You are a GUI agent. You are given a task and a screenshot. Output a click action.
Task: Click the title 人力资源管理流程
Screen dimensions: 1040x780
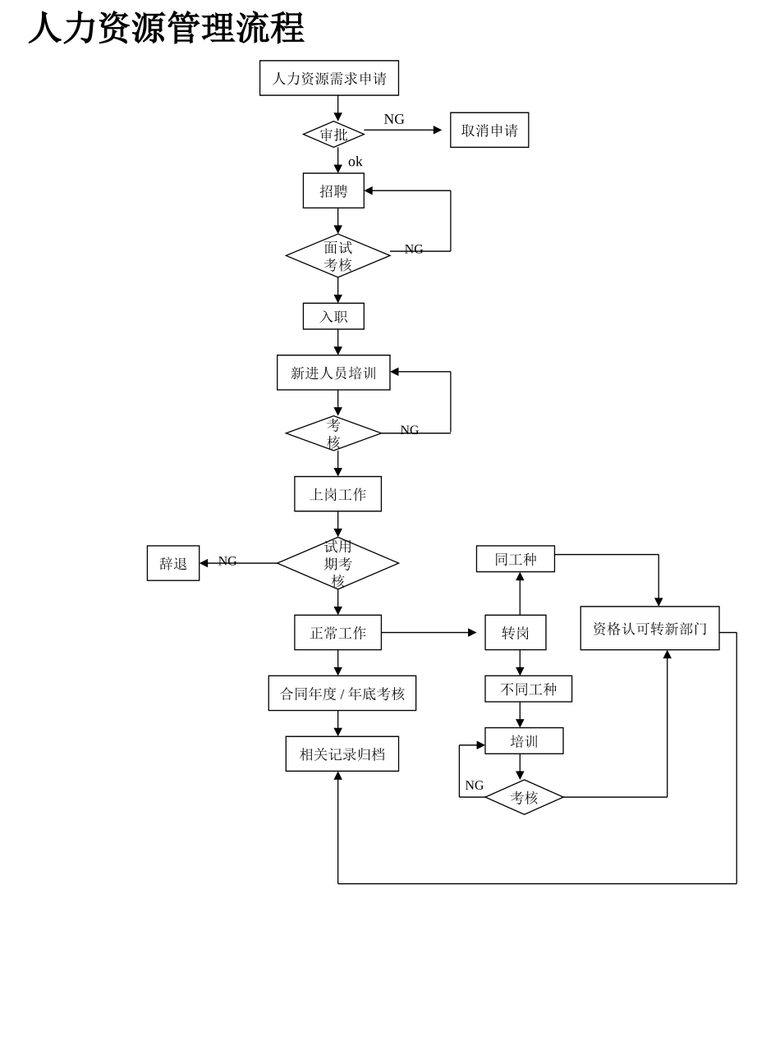pyautogui.click(x=167, y=28)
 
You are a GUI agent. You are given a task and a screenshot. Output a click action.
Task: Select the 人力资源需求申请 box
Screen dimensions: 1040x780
pyautogui.click(x=329, y=78)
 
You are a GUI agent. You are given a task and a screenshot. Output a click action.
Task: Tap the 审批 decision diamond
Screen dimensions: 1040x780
pyautogui.click(x=333, y=135)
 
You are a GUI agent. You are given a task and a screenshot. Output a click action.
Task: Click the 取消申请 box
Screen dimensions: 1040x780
pyautogui.click(x=489, y=131)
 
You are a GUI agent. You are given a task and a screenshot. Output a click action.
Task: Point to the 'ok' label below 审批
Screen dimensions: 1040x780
pyautogui.click(x=355, y=162)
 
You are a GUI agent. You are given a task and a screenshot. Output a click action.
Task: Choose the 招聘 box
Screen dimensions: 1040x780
pyautogui.click(x=333, y=190)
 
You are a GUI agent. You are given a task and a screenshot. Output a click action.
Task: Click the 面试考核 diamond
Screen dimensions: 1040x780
pyautogui.click(x=337, y=256)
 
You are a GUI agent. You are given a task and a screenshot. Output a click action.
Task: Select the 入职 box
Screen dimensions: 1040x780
pyautogui.click(x=333, y=316)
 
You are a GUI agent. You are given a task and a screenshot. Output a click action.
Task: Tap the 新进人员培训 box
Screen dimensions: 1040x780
pyautogui.click(x=333, y=373)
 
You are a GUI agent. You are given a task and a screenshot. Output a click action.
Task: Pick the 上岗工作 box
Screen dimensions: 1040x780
pyautogui.click(x=337, y=494)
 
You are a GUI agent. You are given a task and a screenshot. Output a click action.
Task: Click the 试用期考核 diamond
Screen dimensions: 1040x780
pyautogui.click(x=337, y=563)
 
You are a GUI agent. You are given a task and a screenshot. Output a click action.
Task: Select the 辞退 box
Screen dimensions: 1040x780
pyautogui.click(x=173, y=563)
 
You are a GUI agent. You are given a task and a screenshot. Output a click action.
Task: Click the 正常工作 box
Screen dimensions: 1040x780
pyautogui.click(x=337, y=633)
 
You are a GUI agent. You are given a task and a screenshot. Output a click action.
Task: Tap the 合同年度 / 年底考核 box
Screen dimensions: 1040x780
pyautogui.click(x=342, y=694)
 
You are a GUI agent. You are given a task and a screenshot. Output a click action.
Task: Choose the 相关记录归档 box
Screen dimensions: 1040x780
pyautogui.click(x=342, y=754)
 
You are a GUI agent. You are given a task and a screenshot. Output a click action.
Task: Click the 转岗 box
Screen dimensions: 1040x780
pyautogui.click(x=516, y=633)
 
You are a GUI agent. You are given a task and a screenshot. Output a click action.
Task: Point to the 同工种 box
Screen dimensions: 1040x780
pyautogui.click(x=516, y=559)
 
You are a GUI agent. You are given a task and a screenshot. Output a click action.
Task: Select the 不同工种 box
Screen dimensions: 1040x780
pyautogui.click(x=529, y=689)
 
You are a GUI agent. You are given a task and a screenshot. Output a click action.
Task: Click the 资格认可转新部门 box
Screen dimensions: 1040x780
pyautogui.click(x=649, y=629)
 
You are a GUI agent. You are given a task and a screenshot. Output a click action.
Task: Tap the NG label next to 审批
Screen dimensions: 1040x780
pyautogui.click(x=394, y=119)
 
